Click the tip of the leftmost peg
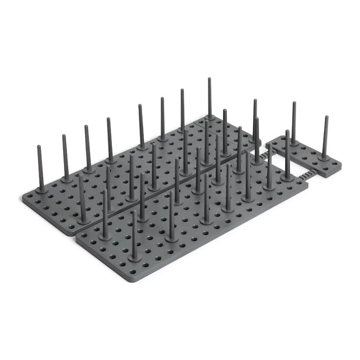click(39, 147)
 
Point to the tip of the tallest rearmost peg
click(209, 80)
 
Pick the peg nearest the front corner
click(134, 234)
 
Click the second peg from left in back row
click(65, 157)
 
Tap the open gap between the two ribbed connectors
click(288, 164)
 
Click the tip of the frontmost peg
click(134, 211)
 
